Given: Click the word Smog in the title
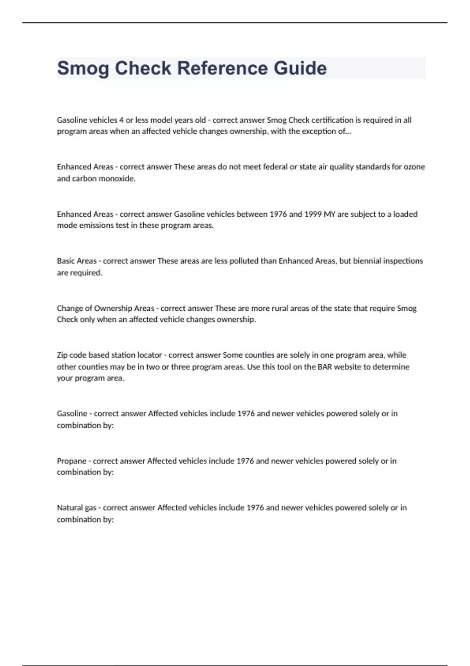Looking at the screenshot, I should click(83, 68).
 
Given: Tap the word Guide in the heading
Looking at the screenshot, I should click(300, 68).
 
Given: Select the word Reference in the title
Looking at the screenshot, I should click(223, 68).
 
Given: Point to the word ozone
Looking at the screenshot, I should click(414, 167).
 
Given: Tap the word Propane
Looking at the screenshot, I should click(72, 461).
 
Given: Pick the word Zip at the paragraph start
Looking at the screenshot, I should click(63, 355).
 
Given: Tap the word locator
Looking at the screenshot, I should click(149, 355).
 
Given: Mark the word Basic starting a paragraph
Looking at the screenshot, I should click(66, 261).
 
